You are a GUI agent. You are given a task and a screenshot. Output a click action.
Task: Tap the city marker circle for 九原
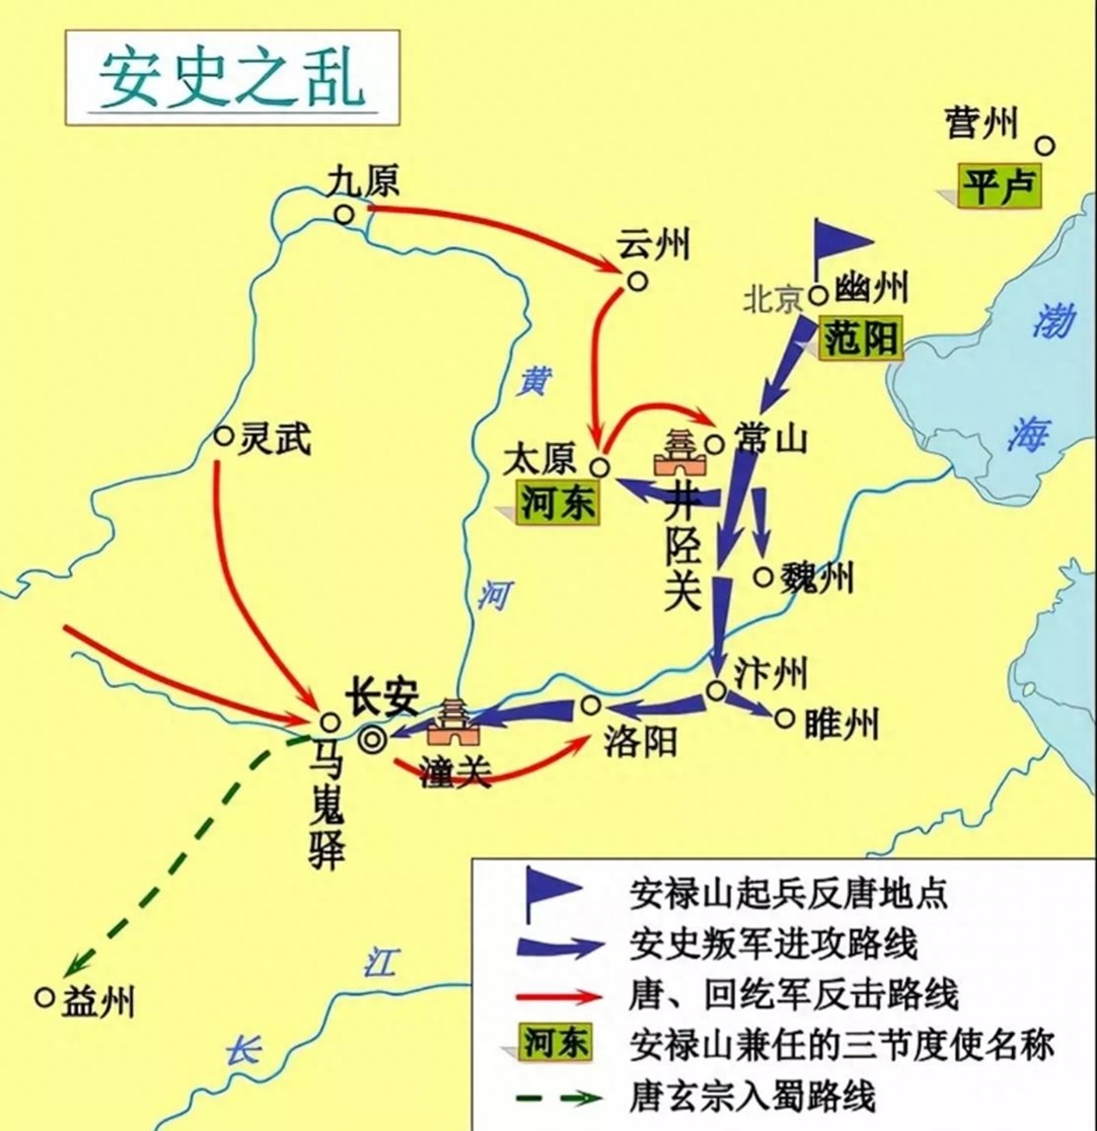tap(344, 214)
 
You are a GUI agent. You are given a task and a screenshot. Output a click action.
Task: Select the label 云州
tap(653, 246)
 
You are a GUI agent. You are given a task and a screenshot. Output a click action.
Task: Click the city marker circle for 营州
tap(1045, 145)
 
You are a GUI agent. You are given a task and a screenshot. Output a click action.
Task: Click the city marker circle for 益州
tap(45, 997)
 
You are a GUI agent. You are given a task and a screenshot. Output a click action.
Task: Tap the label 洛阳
tap(639, 742)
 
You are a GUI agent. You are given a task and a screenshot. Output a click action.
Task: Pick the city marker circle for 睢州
tap(785, 718)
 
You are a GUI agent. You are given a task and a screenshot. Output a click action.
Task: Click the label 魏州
tap(816, 576)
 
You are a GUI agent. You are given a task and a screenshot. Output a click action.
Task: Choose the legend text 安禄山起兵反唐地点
tap(788, 893)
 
